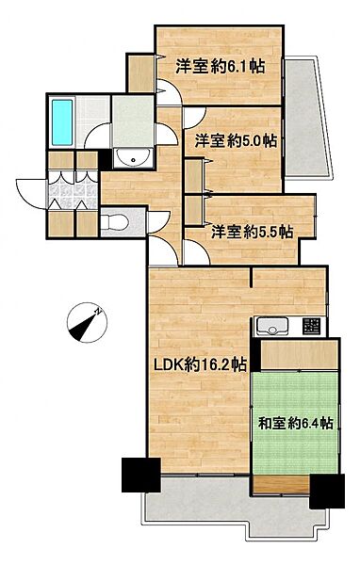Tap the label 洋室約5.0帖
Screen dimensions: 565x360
[x=236, y=141]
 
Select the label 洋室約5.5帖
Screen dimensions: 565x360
[x=251, y=231]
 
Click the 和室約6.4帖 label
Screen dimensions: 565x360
[x=295, y=423]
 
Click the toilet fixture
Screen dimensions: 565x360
[x=113, y=222]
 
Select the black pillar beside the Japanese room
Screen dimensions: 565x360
[x=326, y=490]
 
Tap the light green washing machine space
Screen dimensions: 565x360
[x=130, y=119]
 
